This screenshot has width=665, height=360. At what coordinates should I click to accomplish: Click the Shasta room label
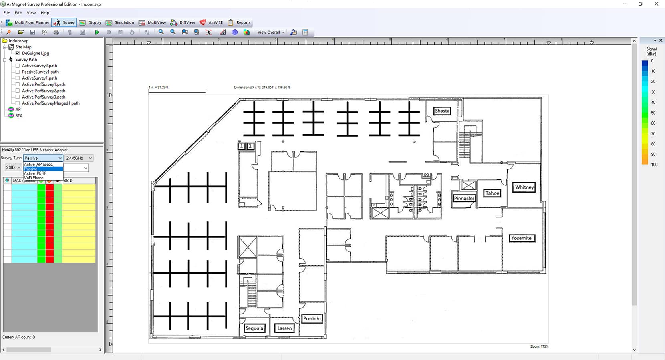442,111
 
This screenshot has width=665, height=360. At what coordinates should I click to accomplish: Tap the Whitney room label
524,187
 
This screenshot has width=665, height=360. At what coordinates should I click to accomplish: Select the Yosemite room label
521,238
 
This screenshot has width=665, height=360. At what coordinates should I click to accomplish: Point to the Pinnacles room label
464,198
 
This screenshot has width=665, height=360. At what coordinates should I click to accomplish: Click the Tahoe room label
492,193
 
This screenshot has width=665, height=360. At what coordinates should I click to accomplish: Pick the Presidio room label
312,318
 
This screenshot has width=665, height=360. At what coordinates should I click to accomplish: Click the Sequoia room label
254,328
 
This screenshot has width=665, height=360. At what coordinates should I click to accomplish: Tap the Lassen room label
284,328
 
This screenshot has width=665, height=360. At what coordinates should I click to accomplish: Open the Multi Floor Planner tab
28,22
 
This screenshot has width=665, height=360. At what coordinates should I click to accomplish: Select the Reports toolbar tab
239,22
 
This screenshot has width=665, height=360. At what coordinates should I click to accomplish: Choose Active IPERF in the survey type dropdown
35,173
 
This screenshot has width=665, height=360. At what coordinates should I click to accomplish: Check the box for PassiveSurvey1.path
18,72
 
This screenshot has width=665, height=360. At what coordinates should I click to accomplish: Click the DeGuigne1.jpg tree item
35,53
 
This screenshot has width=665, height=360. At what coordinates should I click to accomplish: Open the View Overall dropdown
271,32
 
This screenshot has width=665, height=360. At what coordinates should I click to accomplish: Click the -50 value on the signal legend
653,113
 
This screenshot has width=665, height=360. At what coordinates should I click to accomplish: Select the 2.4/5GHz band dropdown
79,158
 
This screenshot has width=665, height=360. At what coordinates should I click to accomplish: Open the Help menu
45,13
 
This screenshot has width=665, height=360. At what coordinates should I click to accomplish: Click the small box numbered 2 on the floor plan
250,146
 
